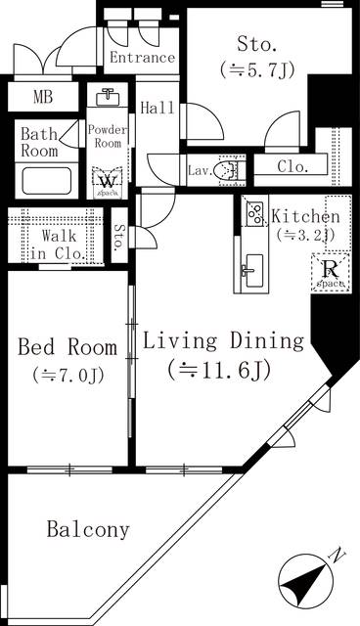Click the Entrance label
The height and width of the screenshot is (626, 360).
[142, 59]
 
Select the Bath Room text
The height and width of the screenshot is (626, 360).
[40, 142]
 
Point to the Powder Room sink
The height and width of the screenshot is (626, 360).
[108, 99]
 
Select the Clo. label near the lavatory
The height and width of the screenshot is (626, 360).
[292, 166]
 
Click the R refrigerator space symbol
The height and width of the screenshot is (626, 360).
[328, 270]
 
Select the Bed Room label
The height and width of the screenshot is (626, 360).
[67, 347]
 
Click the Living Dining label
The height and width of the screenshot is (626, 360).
[223, 341]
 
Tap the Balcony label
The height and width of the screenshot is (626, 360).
[88, 530]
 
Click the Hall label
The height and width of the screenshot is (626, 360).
[157, 108]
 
